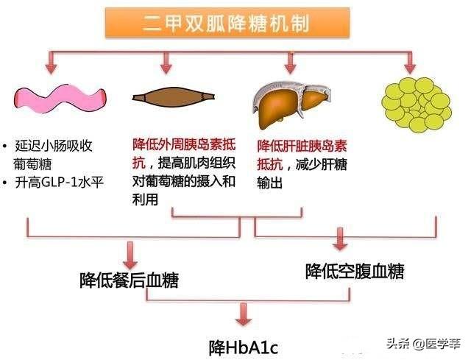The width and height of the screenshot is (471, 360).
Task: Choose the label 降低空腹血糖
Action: [x=355, y=271]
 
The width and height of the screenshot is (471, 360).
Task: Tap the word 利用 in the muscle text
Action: [x=146, y=200]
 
